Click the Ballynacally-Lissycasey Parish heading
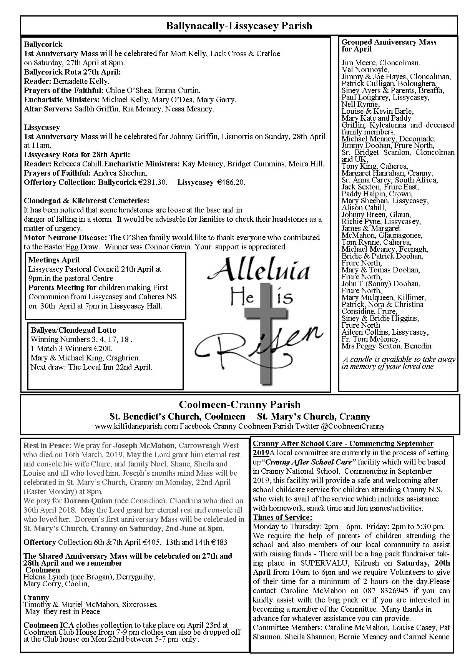[239, 26]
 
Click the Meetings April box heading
[54, 260]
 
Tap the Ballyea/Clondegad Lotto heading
[73, 330]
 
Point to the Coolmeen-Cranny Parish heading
[240, 405]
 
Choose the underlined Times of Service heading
[282, 517]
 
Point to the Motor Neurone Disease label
[66, 237]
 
